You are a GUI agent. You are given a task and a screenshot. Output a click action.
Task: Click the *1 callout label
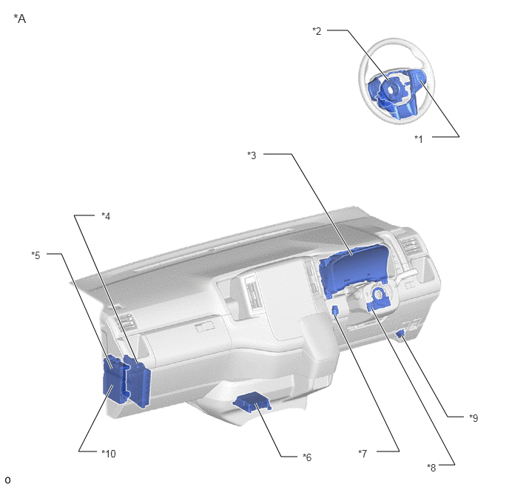coord(419,139)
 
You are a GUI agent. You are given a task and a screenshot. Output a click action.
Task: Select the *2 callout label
coord(317,31)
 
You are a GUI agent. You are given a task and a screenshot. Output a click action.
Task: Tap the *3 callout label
coord(252,155)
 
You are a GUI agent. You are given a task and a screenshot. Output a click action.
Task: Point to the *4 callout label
coord(106,216)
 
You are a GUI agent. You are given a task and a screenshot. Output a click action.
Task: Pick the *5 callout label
coord(36,255)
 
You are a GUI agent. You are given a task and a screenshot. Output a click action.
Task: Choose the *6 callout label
coord(307,457)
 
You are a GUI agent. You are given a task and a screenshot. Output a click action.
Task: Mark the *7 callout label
coord(363,453)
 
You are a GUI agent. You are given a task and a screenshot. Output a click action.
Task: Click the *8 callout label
coord(431,468)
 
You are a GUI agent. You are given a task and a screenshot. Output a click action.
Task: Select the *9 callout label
coord(473,418)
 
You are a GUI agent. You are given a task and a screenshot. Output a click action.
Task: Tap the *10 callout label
coord(109,453)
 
